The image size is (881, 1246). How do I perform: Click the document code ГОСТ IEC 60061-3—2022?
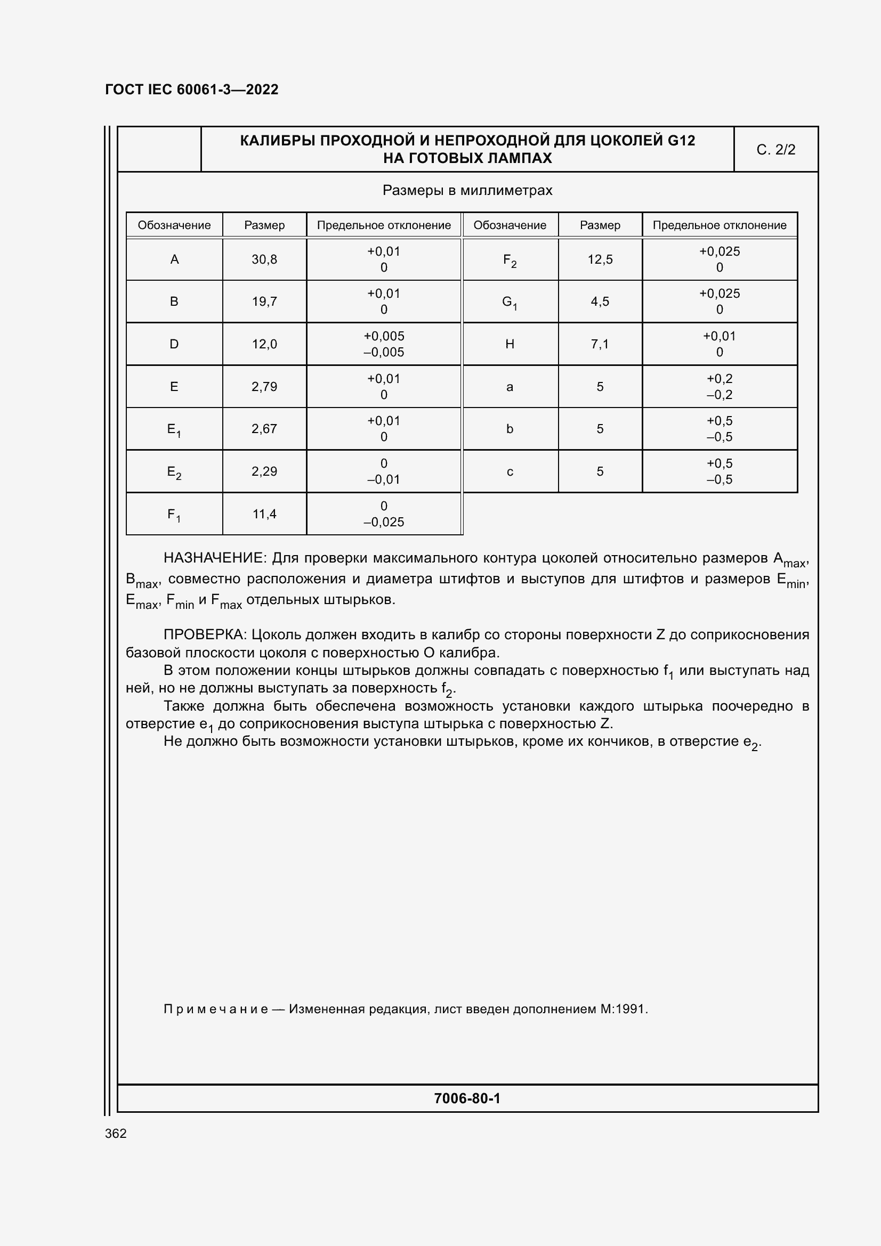(191, 89)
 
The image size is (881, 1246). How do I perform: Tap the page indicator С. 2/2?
(775, 150)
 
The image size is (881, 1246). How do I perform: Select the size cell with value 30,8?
(264, 259)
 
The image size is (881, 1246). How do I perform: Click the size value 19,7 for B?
(264, 302)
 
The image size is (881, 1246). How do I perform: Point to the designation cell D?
(174, 344)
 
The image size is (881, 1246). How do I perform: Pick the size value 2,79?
(264, 387)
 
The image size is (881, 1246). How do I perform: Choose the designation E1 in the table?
(174, 429)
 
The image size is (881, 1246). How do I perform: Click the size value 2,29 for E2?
(264, 471)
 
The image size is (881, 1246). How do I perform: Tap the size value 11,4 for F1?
(264, 514)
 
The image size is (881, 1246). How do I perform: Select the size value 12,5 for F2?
(600, 259)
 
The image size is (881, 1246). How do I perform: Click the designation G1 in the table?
(509, 302)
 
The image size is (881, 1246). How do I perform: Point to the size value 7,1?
(600, 344)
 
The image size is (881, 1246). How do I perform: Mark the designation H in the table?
(509, 344)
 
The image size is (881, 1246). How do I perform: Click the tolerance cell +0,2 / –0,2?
(719, 387)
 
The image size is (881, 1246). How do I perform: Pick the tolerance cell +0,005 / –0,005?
(384, 344)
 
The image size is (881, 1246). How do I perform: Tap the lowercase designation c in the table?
(509, 471)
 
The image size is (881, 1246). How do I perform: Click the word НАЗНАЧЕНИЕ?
(214, 558)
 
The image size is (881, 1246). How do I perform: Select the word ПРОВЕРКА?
(205, 634)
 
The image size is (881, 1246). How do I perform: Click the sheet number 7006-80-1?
(467, 1098)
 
